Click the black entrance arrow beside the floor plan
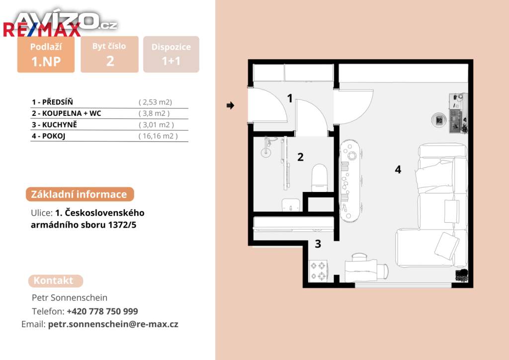click(x=230, y=105)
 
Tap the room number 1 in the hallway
click(x=290, y=98)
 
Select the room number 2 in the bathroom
click(x=301, y=157)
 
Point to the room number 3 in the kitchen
click(x=318, y=244)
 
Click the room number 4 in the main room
click(x=398, y=170)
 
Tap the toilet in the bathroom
click(x=320, y=178)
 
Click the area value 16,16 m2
click(x=158, y=136)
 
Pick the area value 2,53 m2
click(x=155, y=102)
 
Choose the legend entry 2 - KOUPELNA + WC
click(x=67, y=113)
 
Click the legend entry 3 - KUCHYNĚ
click(x=54, y=125)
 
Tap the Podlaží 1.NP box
click(x=46, y=54)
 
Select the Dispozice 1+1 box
click(x=171, y=54)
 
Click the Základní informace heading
click(x=80, y=194)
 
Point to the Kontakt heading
click(x=56, y=280)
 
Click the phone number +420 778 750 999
click(x=102, y=311)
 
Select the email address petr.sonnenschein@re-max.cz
click(x=113, y=324)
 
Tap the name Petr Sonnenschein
click(x=70, y=298)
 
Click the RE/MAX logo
click(x=42, y=30)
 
